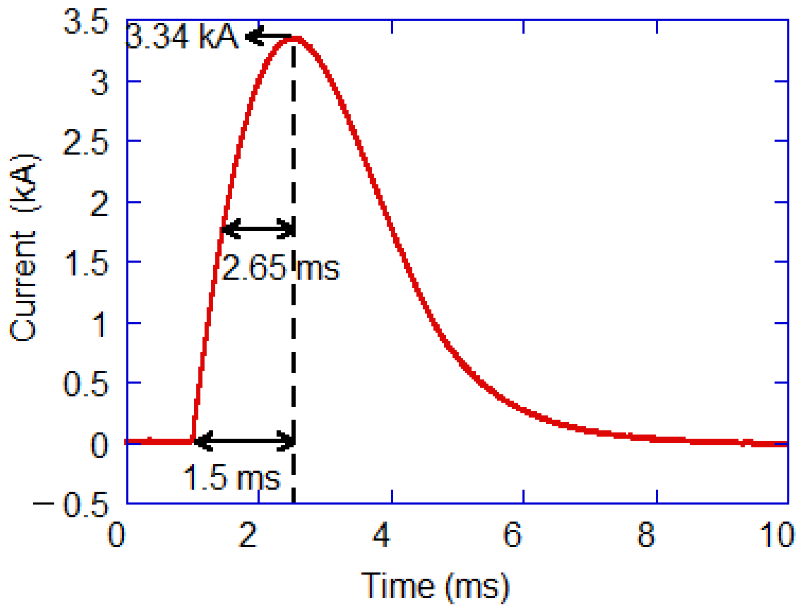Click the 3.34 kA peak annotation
pyautogui.click(x=182, y=37)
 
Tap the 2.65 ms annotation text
pyautogui.click(x=280, y=268)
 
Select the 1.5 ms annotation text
pyautogui.click(x=231, y=478)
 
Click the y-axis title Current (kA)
pyautogui.click(x=24, y=248)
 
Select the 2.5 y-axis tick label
pyautogui.click(x=86, y=143)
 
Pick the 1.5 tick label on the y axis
pyautogui.click(x=86, y=264)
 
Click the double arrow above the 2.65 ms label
pyautogui.click(x=258, y=229)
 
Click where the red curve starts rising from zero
pyautogui.click(x=193, y=440)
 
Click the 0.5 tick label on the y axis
pyautogui.click(x=86, y=384)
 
